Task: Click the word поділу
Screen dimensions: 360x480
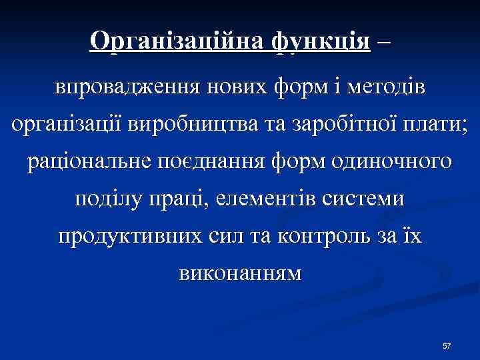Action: point(106,199)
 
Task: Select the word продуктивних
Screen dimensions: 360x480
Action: point(129,237)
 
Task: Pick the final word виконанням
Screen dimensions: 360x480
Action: point(239,274)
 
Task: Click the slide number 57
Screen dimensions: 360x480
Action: point(447,346)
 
